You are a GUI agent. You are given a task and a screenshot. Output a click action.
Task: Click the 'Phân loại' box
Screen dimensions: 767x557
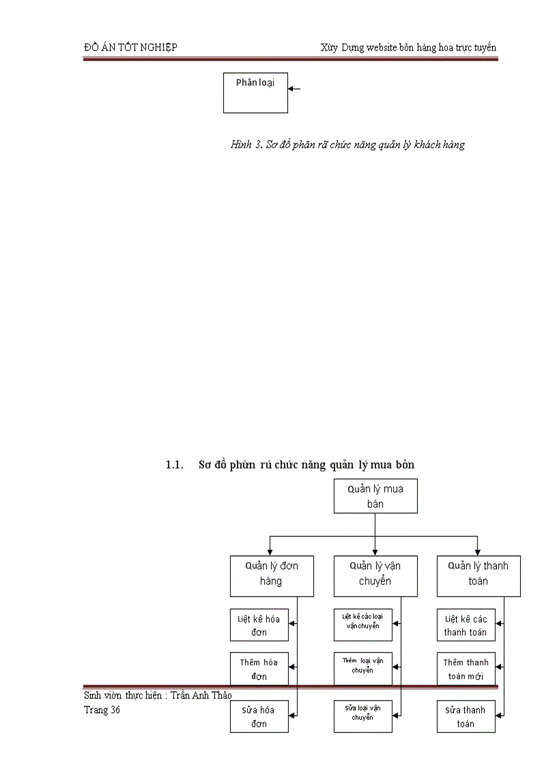255,92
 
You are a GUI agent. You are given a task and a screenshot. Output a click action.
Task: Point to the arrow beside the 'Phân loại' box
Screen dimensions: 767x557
294,88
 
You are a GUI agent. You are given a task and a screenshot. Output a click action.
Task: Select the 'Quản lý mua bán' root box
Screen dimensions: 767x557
375,496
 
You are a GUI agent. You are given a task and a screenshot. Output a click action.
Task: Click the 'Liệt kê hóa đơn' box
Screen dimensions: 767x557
259,625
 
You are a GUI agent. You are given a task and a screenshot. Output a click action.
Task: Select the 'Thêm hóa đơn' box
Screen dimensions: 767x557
259,669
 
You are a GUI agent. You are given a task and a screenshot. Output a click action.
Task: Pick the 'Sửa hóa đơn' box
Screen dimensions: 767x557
259,716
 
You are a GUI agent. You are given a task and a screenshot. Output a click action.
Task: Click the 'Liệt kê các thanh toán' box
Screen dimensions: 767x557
466,625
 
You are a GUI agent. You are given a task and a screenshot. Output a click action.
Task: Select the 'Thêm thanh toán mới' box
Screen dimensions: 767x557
466,669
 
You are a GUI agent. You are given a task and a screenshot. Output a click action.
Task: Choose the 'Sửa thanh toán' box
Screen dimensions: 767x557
466,716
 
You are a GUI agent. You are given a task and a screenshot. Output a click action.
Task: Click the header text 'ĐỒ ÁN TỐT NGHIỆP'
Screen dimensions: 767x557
130,47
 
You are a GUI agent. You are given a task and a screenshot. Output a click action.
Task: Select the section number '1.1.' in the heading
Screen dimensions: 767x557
175,465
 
